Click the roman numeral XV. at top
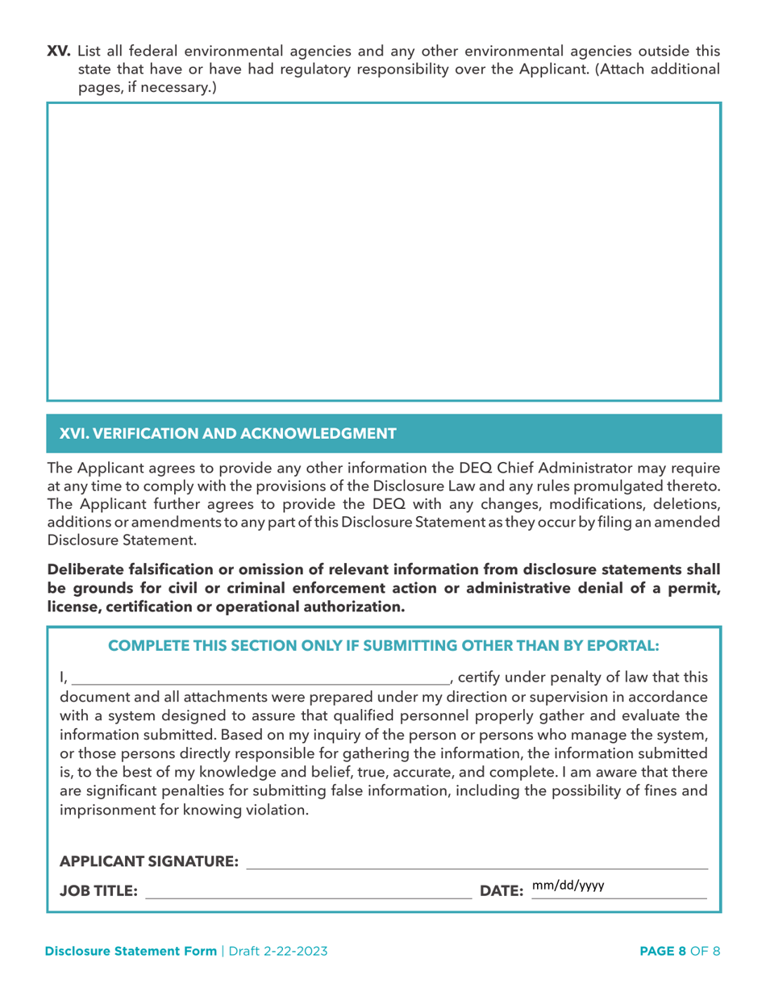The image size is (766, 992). click(60, 51)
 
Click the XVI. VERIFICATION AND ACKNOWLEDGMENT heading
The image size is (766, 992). click(229, 434)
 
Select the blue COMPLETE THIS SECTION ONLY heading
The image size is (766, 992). click(384, 645)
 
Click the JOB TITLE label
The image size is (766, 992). click(99, 891)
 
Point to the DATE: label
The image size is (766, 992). click(502, 891)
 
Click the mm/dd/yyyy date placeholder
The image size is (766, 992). click(568, 886)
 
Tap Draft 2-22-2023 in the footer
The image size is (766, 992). click(279, 951)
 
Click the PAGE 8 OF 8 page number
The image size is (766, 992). click(679, 951)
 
